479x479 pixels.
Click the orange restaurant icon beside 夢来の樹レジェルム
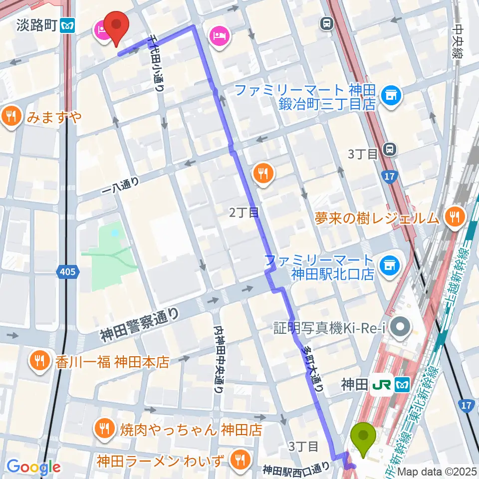[454, 218]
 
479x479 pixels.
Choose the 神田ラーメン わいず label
[162, 458]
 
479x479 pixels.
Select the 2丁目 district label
[244, 213]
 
